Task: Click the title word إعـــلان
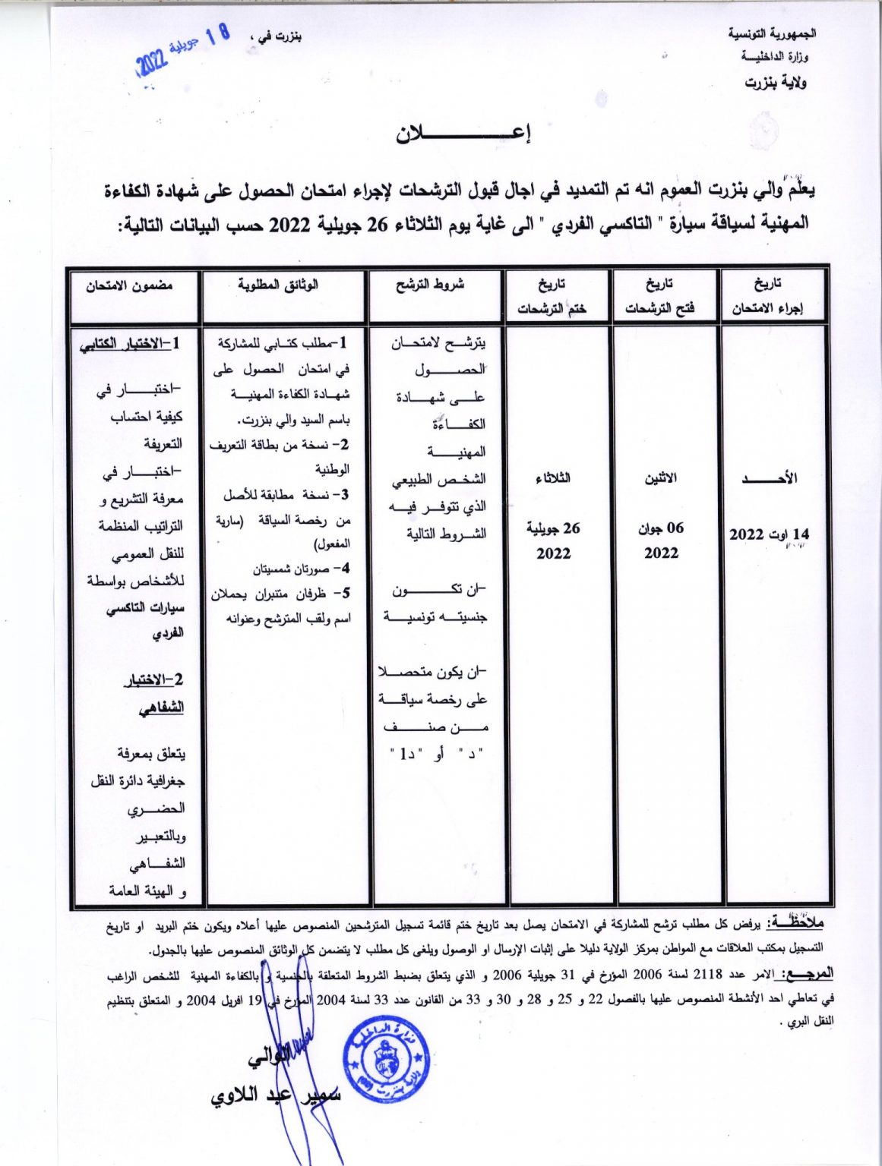[x=463, y=133]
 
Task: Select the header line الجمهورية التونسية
[x=772, y=34]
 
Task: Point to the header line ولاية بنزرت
[x=775, y=82]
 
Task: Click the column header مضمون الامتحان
[x=129, y=285]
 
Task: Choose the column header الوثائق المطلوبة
[x=278, y=285]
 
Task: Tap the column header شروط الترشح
[x=430, y=285]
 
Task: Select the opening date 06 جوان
[x=661, y=528]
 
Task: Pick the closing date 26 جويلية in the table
[x=553, y=528]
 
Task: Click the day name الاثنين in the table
[x=661, y=478]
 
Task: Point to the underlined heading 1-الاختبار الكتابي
[x=131, y=344]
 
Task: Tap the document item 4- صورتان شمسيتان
[x=301, y=569]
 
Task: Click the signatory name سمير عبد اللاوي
[x=277, y=1095]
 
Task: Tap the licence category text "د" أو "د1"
[x=436, y=754]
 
